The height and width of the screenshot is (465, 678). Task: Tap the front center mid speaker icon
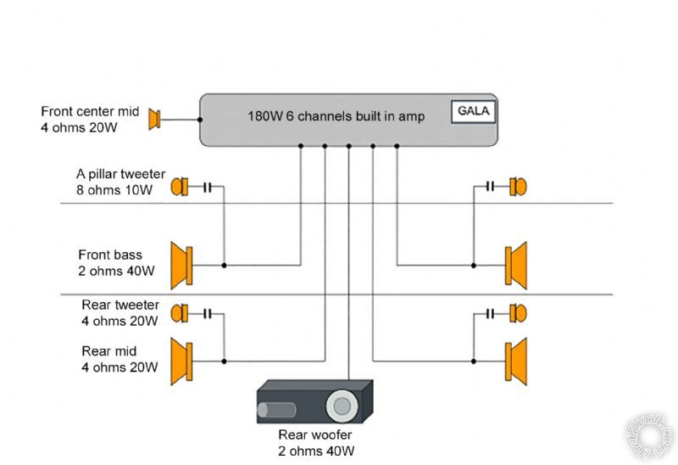154,120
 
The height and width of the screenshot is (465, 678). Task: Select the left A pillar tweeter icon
180,187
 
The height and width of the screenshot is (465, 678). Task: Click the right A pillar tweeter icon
518,187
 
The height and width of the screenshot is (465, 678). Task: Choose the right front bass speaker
516,265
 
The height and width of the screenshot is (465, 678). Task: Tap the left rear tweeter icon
180,313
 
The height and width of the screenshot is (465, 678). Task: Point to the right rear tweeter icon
518,313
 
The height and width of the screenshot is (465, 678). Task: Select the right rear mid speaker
516,361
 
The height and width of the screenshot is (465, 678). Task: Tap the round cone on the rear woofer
342,405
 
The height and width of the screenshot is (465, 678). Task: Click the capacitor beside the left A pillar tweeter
207,187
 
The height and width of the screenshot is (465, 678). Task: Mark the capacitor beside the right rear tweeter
490,313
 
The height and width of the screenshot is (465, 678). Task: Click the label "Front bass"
110,255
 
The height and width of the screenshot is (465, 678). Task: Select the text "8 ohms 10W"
114,191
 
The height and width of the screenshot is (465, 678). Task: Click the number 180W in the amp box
262,115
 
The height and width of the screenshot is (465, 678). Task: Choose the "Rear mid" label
109,351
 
